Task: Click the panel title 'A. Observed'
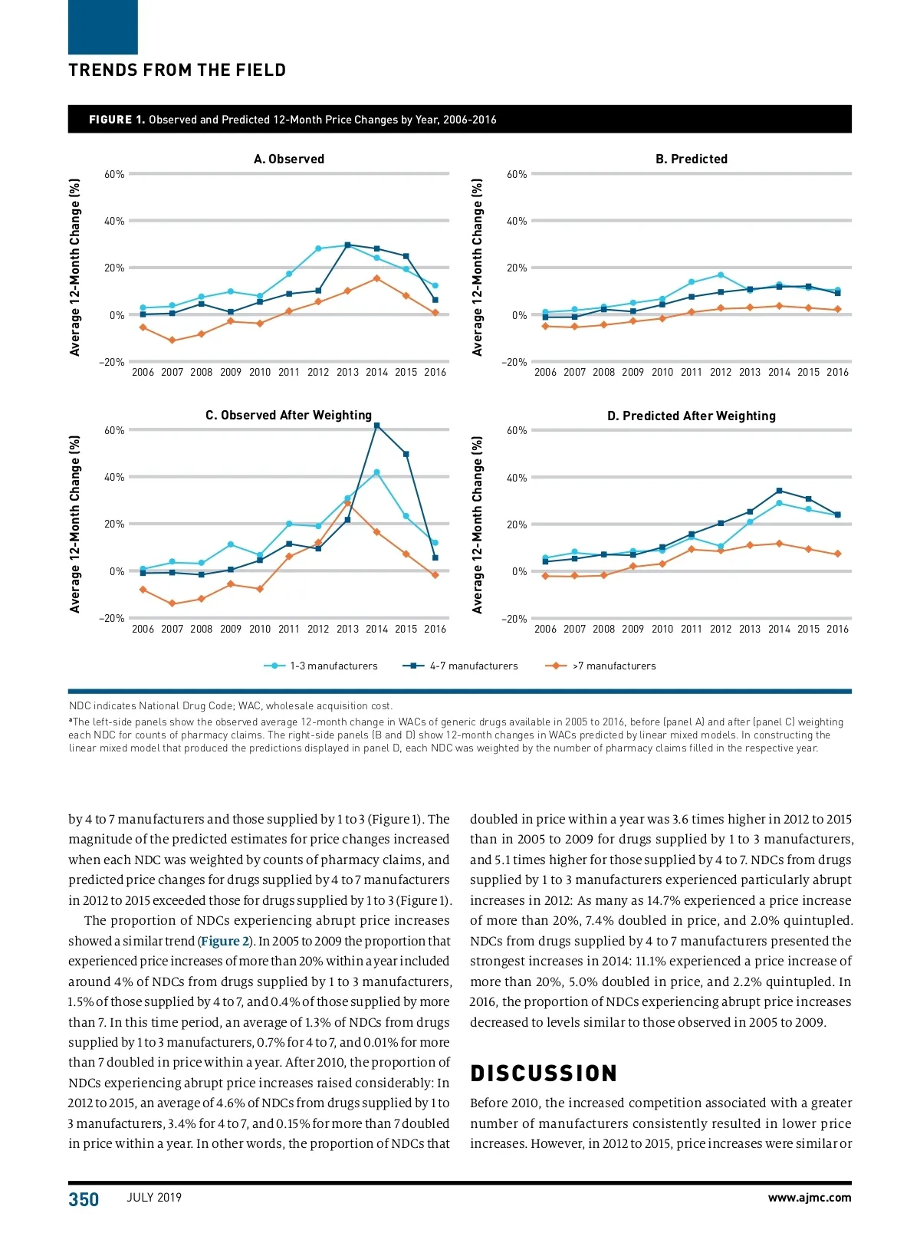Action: [x=289, y=159]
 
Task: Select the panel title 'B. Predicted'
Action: [x=692, y=159]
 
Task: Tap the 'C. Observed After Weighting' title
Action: [x=288, y=415]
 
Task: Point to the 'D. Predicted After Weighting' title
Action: [x=692, y=416]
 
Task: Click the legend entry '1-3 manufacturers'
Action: [x=333, y=666]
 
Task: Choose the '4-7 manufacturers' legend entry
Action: [x=474, y=666]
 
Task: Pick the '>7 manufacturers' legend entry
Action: [x=614, y=666]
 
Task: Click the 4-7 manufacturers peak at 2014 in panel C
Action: [x=376, y=426]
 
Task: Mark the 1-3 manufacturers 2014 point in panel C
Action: [x=376, y=472]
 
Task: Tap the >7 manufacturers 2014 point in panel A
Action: [x=376, y=278]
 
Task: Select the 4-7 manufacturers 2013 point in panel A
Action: [x=347, y=245]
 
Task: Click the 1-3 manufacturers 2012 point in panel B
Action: [x=721, y=275]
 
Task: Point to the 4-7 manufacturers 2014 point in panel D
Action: [x=779, y=491]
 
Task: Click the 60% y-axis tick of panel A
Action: [x=114, y=174]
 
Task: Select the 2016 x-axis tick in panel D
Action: [x=837, y=629]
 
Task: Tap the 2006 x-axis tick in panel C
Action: [x=143, y=629]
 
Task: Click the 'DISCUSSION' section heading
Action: [x=544, y=1073]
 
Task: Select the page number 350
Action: [x=84, y=1199]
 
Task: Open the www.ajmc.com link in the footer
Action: [x=809, y=1198]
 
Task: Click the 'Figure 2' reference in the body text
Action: [x=225, y=941]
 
